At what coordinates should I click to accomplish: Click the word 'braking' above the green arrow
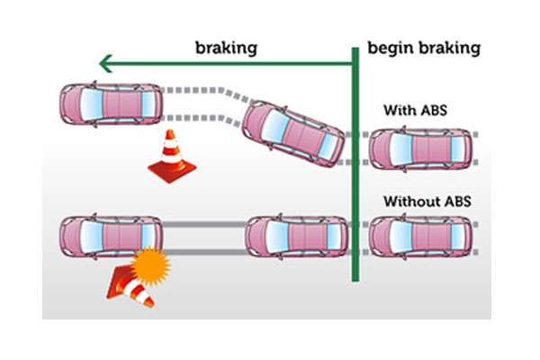pos(226,46)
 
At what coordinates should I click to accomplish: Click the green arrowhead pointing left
pos(106,63)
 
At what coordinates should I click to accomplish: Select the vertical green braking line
pos(355,171)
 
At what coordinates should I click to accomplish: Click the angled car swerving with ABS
pos(294,132)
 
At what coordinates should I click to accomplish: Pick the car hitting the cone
pos(109,237)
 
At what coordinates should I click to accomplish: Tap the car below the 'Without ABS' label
pos(420,237)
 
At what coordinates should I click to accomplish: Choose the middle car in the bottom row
pos(296,237)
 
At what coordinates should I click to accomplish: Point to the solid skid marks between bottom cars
pos(202,237)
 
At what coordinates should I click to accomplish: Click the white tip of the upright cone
pos(167,136)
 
